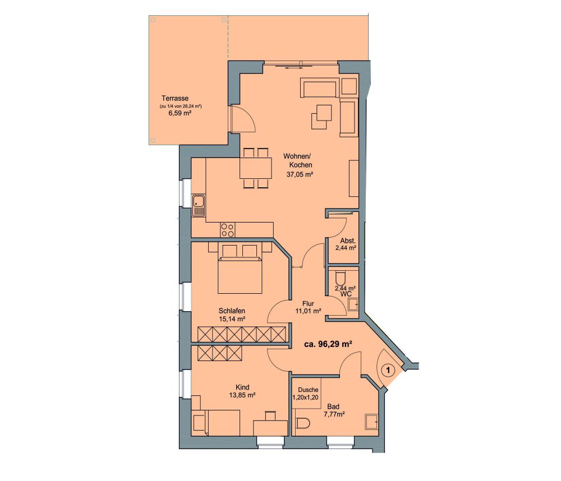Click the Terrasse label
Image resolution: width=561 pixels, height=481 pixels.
[x=175, y=98]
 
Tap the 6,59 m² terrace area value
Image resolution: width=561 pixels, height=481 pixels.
[x=180, y=113]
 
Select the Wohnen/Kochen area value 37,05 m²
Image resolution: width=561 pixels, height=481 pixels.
[x=300, y=174]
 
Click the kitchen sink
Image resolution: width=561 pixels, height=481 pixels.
[x=199, y=206]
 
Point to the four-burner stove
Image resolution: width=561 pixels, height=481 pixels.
[x=228, y=230]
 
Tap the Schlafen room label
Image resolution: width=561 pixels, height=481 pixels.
[x=232, y=311]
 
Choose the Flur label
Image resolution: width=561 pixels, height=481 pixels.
[x=308, y=304]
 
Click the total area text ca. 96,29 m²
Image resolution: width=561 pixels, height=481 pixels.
[x=328, y=344]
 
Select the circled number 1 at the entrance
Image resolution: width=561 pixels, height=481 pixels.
[x=389, y=370]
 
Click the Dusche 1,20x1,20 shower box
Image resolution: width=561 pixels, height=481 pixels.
[x=306, y=394]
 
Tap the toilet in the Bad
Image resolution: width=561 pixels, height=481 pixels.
[x=303, y=423]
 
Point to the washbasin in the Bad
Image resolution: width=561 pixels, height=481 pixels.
[x=371, y=422]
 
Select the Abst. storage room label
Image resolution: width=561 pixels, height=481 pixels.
[x=348, y=240]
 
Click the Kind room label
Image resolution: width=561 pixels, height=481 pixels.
[x=242, y=387]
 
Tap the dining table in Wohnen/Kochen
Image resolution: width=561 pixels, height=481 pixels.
[x=255, y=168]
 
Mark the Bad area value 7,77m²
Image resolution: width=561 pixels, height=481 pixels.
[x=334, y=414]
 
